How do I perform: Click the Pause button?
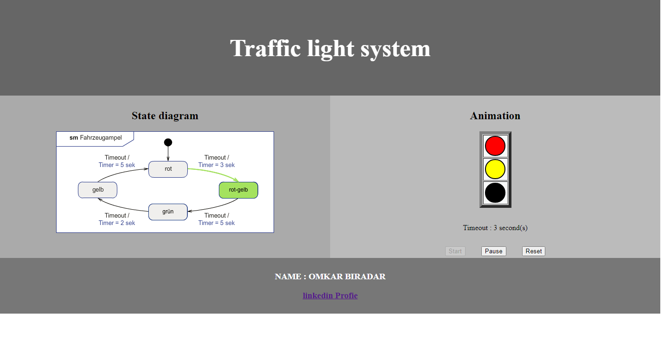493,251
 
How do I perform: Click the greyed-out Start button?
455,251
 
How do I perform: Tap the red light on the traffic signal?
495,146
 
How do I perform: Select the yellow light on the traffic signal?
495,169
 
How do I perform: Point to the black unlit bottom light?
495,193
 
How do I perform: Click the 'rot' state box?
168,169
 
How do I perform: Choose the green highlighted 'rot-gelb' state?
238,190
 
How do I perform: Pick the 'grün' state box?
168,212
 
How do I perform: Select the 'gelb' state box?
97,190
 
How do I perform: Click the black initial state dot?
168,142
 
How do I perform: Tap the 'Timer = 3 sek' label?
217,165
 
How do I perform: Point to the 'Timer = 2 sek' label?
117,223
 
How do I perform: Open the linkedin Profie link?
330,296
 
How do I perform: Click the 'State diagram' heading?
165,116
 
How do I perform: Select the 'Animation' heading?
495,116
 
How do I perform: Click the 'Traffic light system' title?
330,48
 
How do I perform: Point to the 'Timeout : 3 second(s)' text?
495,228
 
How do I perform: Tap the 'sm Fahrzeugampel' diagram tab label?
96,138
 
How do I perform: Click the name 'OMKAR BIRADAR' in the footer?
347,276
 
